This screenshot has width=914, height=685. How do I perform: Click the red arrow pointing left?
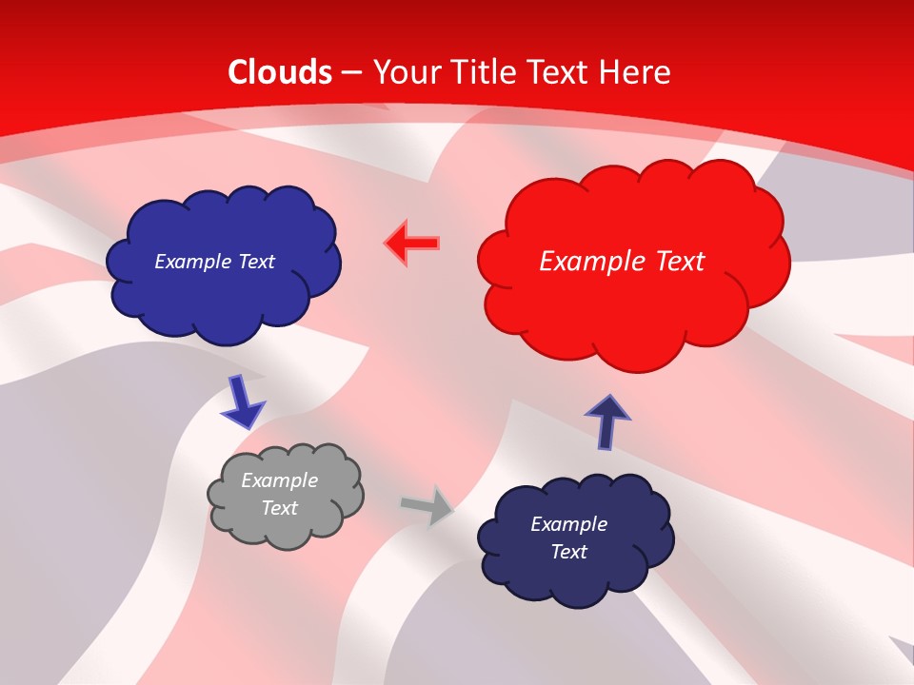[413, 244]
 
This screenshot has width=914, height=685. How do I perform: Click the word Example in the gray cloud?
[279, 480]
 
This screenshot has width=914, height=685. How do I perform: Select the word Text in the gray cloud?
[279, 508]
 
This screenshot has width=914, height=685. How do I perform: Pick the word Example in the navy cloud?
[568, 524]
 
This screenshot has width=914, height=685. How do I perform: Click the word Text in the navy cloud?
[568, 552]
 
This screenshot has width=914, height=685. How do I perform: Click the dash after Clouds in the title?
[351, 72]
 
